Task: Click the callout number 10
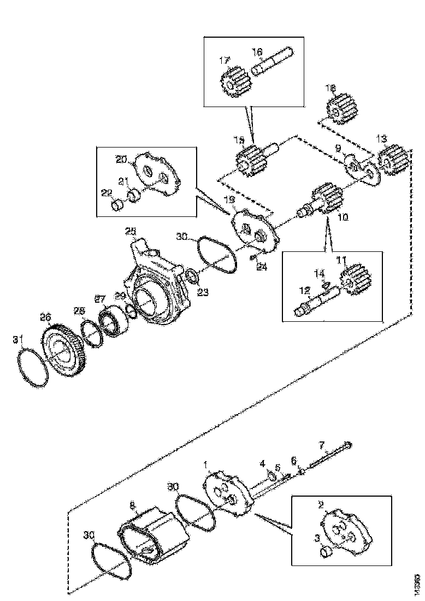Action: (343, 216)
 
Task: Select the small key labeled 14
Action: (326, 284)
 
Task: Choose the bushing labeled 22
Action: (117, 205)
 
